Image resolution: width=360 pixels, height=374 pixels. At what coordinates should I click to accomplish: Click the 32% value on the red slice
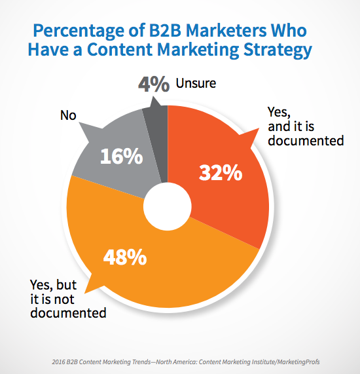tap(221, 172)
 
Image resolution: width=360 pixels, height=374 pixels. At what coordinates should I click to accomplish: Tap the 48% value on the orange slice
tap(125, 257)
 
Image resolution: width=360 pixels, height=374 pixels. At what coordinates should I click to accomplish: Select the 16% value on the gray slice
tap(122, 156)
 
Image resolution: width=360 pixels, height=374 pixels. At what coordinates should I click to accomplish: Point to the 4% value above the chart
tap(154, 84)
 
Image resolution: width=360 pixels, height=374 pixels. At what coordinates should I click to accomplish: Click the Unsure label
tap(196, 83)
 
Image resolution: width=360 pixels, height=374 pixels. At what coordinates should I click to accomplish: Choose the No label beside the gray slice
tap(68, 115)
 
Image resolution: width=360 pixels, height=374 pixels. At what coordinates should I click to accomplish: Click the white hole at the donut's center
tap(168, 206)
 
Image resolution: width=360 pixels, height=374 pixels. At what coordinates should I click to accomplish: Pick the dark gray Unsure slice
tap(156, 143)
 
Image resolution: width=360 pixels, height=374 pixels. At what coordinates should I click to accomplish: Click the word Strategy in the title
tap(278, 50)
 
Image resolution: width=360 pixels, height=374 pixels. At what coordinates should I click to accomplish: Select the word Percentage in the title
tap(79, 31)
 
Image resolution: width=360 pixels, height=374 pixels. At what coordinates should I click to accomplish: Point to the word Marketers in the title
tap(226, 31)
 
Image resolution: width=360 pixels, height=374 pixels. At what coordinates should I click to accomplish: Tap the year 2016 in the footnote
tap(58, 362)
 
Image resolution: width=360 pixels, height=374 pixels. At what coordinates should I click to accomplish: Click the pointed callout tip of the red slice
tap(259, 128)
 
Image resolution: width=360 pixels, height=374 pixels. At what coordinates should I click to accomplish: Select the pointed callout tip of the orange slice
tap(85, 293)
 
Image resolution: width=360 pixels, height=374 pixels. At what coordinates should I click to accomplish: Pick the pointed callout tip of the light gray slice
tap(79, 123)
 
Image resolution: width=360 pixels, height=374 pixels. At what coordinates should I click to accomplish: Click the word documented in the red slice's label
tap(306, 140)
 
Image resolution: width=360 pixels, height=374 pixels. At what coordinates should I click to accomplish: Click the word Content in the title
tap(119, 50)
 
